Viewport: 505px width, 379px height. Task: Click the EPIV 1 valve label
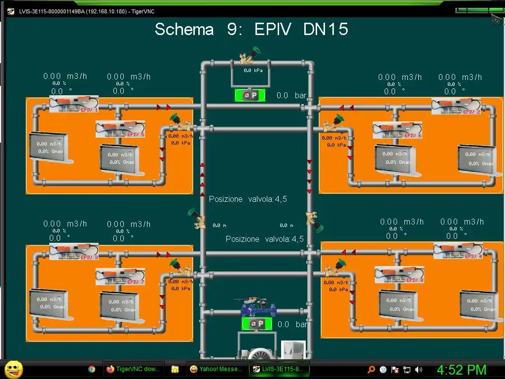(89, 110)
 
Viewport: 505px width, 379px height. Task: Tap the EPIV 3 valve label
(89, 257)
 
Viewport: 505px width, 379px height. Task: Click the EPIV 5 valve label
(136, 134)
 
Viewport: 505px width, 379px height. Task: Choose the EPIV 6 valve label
(413, 135)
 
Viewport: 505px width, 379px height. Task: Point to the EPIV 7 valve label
(136, 282)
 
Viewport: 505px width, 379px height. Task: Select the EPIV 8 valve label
(415, 280)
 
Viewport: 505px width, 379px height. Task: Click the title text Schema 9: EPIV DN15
(252, 29)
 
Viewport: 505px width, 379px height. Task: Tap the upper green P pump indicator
(250, 95)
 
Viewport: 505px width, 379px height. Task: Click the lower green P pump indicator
(256, 324)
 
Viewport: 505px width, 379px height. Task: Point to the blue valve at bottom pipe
(258, 309)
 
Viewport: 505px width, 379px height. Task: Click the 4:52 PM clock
(462, 370)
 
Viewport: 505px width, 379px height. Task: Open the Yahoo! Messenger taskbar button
(216, 369)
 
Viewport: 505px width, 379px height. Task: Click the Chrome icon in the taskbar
(91, 369)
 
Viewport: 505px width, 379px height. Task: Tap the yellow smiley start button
(13, 369)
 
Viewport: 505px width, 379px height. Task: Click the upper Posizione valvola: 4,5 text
(248, 199)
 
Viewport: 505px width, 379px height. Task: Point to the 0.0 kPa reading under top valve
(253, 71)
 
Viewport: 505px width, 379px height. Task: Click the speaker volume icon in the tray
(419, 369)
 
